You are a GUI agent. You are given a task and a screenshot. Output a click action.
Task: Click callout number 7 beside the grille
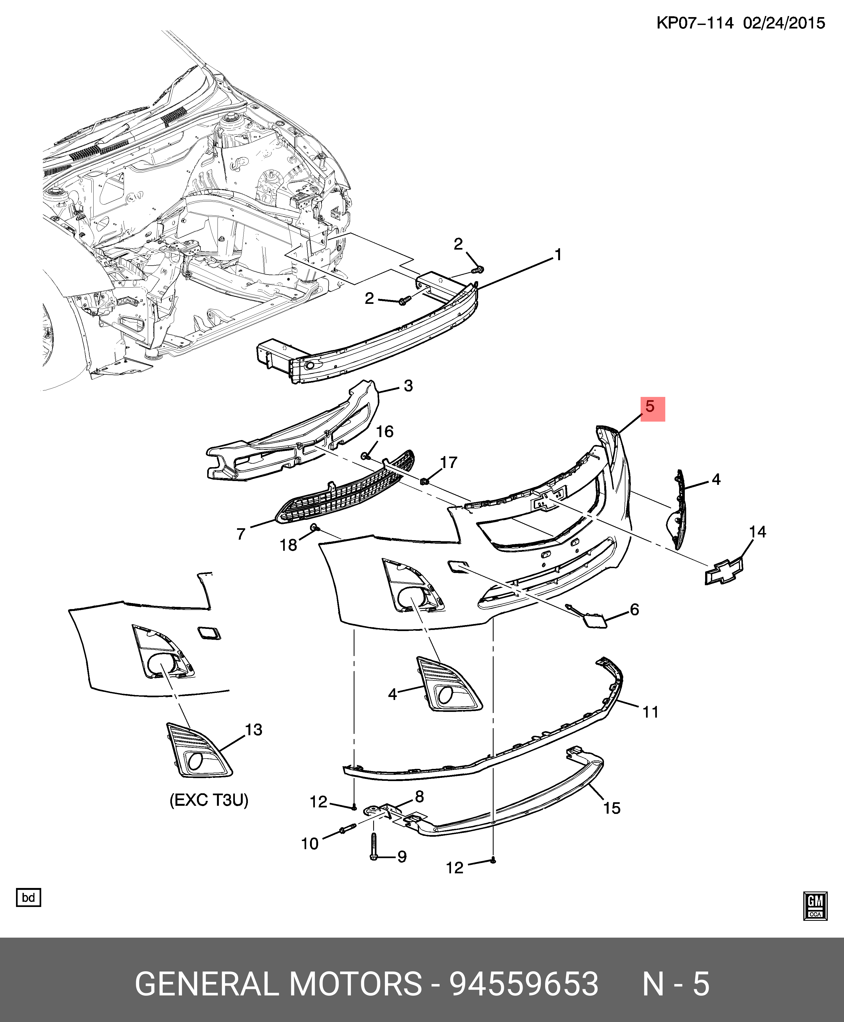(241, 534)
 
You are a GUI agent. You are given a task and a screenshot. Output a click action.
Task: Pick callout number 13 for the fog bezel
(253, 730)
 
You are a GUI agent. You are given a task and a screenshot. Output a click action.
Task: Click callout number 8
(419, 797)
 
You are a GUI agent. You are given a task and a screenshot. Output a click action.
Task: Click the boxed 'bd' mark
(29, 897)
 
